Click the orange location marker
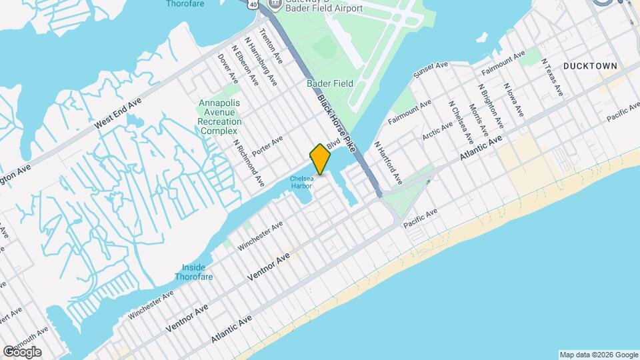(x=321, y=159)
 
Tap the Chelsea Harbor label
(x=301, y=181)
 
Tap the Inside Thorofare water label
(x=195, y=271)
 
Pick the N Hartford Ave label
(x=388, y=162)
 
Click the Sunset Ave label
(x=431, y=69)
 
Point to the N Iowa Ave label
(x=514, y=100)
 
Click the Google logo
(x=22, y=351)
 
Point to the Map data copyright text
(x=598, y=354)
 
